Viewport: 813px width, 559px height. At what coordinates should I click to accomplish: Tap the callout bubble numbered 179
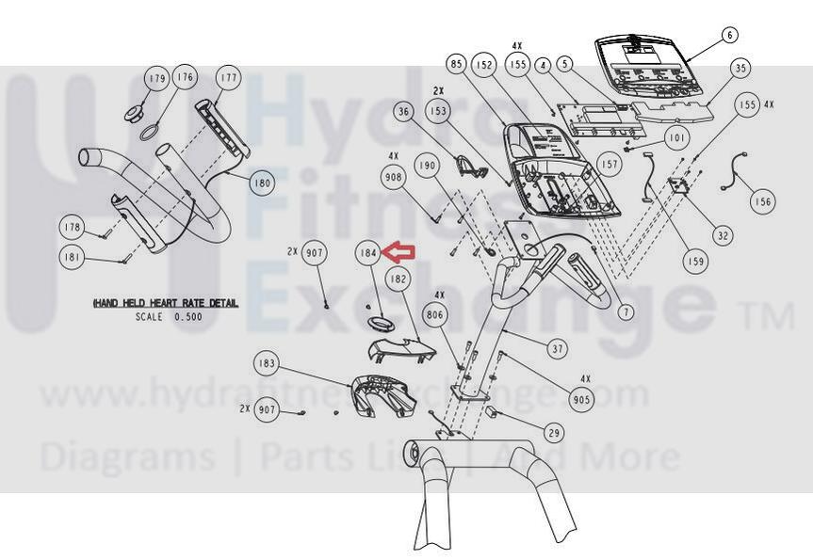tap(156, 78)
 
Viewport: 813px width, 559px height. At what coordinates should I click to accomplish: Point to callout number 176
tap(185, 77)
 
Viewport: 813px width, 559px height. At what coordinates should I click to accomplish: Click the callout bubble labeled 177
tap(228, 77)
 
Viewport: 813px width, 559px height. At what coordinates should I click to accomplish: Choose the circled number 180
tap(261, 184)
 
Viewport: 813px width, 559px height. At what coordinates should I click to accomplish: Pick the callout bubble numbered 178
tap(71, 227)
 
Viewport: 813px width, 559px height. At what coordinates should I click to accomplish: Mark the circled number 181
tap(71, 256)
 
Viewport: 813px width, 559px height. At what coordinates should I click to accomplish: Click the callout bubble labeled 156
tap(763, 201)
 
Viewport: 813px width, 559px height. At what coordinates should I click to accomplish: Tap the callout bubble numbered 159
tap(696, 262)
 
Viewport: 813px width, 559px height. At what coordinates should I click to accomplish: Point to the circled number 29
tap(554, 432)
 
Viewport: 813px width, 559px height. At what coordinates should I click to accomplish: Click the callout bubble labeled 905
tap(583, 398)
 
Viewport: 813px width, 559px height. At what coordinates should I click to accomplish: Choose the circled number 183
tap(268, 363)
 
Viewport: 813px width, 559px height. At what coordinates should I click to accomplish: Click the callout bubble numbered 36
tap(404, 112)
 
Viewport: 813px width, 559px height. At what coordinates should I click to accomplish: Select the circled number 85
tap(457, 65)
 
